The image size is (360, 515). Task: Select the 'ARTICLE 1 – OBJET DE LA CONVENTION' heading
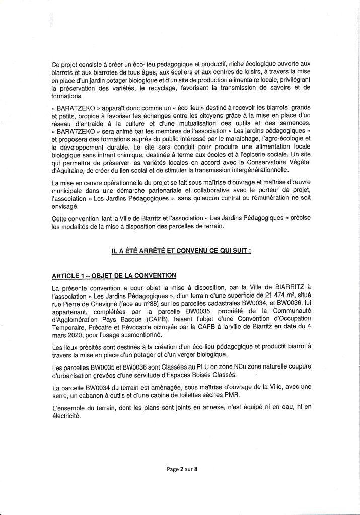114,276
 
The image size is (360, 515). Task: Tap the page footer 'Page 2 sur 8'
182,469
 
